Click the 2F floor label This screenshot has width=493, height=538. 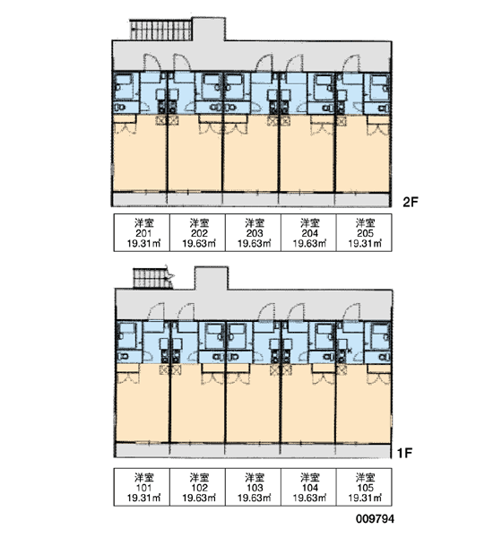pos(411,202)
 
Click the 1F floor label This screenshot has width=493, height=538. pos(404,453)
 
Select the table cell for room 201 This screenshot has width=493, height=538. pos(142,232)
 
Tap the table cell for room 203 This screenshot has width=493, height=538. pos(253,232)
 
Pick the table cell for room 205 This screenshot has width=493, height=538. pos(364,232)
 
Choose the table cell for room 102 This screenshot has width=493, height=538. pos(197,487)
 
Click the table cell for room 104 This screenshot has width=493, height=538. pos(308,487)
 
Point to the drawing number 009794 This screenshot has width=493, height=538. pos(375,519)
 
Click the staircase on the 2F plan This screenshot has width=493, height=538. pos(160,30)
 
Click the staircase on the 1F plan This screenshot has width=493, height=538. pos(152,278)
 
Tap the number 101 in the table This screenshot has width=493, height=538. pos(143,488)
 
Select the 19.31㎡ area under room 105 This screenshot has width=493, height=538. pos(365,498)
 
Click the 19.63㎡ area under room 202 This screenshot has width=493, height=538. pos(199,243)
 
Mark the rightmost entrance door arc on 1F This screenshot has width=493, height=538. pos(351,312)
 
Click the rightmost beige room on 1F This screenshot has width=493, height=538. pos(364,403)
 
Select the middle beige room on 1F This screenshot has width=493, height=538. pos(253,403)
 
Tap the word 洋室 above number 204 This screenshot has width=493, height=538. pos(310,223)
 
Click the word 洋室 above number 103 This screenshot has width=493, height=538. pos(255,477)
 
